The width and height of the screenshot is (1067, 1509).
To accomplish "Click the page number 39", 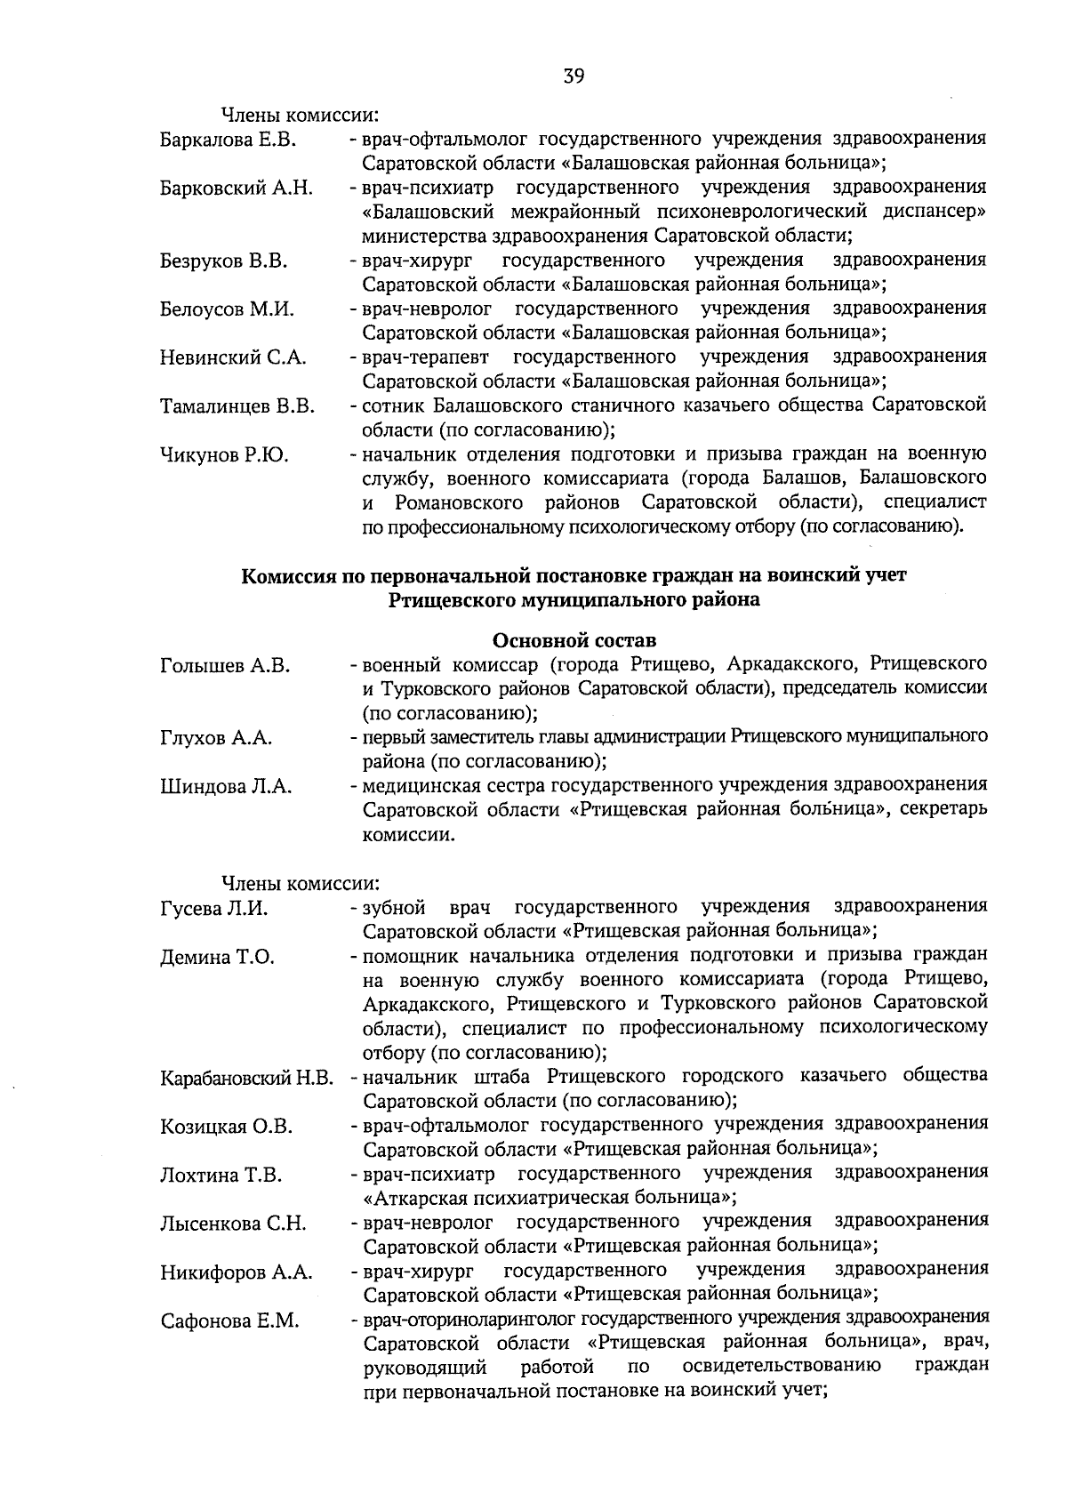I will coord(573,76).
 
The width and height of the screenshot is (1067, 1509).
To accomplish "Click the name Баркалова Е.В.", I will coord(228,140).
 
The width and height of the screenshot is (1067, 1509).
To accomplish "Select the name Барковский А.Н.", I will coord(236,188).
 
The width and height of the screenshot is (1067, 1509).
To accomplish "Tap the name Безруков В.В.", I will coord(223,261).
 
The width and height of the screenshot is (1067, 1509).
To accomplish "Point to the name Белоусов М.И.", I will coord(227,309).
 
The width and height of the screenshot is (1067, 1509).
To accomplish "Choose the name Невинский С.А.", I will coord(233,357).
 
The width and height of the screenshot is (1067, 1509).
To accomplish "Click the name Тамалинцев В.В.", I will coord(237,407).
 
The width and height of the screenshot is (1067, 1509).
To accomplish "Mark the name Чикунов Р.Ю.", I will coord(223,455).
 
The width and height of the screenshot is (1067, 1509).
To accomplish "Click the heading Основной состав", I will coord(574,640).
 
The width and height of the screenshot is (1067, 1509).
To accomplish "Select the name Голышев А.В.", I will coord(225,665).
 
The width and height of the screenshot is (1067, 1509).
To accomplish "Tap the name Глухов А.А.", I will coord(216,738).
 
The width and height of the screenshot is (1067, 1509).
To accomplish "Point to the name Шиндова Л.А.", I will coord(226,787).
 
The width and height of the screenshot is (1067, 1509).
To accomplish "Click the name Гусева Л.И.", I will coord(213,909).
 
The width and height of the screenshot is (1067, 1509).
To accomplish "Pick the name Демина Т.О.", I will coord(217,958).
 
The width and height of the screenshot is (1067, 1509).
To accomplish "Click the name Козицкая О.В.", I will coord(226,1128).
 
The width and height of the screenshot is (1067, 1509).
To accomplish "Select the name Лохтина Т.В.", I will coord(221,1176).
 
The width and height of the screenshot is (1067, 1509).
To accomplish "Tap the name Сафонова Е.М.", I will coord(229,1321).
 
